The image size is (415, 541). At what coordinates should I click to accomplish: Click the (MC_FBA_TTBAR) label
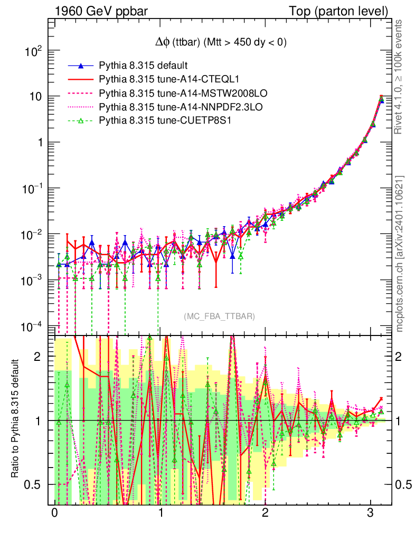[219, 316]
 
